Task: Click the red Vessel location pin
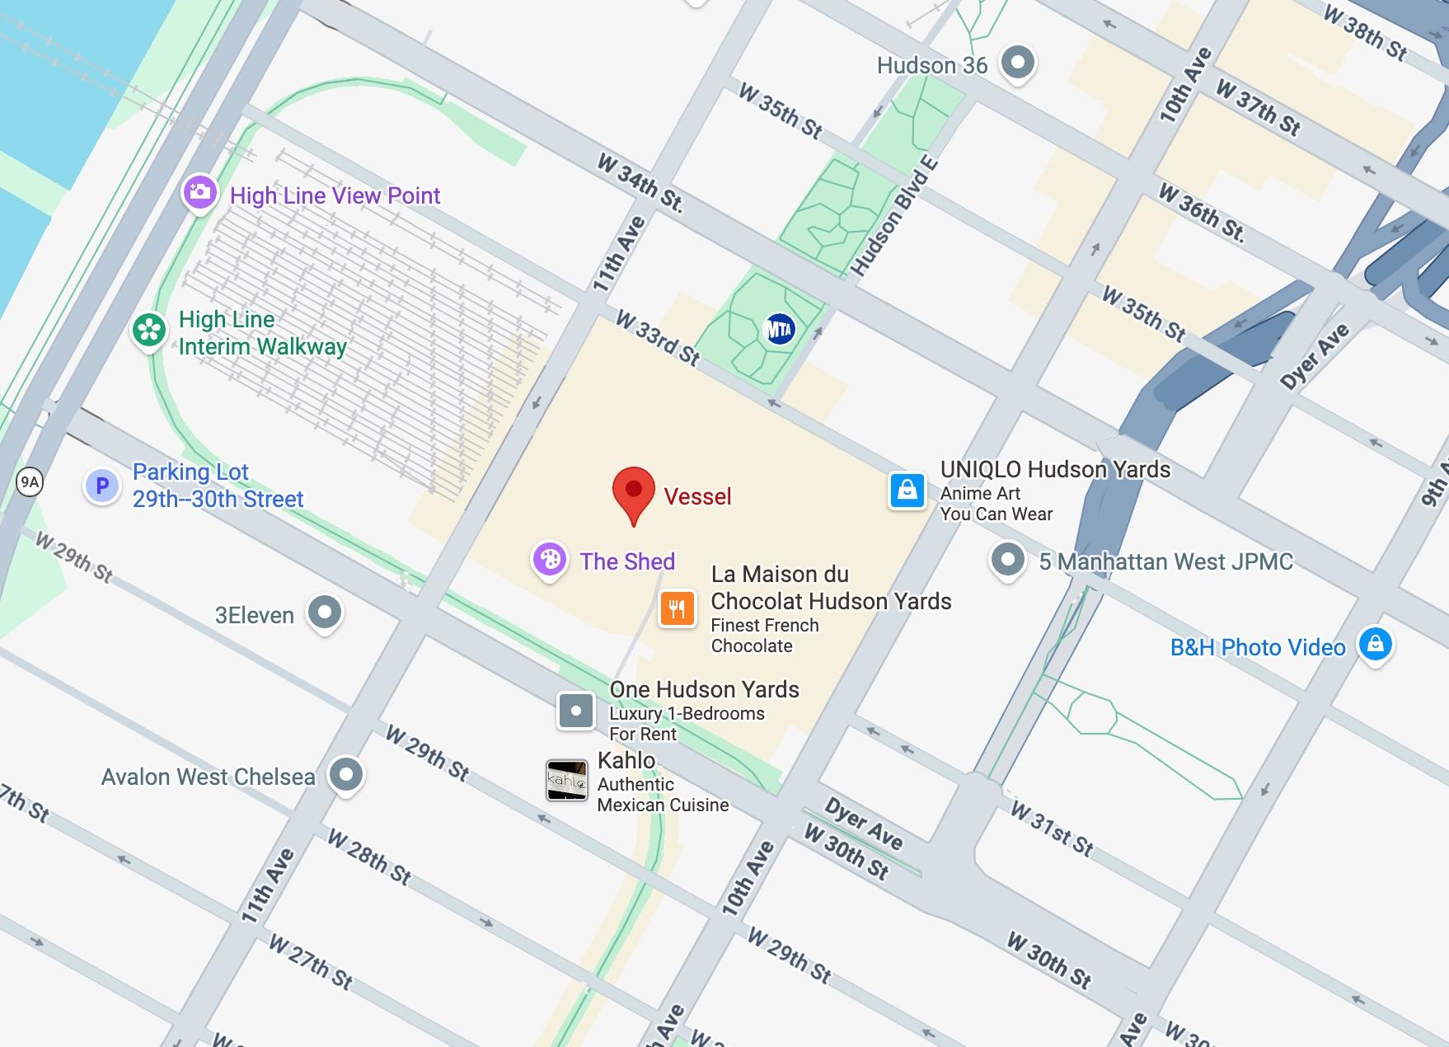tap(633, 491)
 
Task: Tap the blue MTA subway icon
tap(779, 329)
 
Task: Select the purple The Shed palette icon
tap(549, 560)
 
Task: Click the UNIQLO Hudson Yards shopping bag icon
tap(907, 490)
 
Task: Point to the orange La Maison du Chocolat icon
tap(677, 609)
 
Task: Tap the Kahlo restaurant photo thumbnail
tap(567, 780)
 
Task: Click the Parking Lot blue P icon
tap(102, 486)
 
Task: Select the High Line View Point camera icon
tap(199, 193)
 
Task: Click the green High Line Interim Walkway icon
tap(149, 330)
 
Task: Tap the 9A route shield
tap(30, 481)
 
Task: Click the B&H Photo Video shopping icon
tap(1375, 643)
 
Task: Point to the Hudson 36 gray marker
tap(1017, 62)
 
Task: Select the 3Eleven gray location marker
tap(325, 613)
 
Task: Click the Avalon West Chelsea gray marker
tap(345, 774)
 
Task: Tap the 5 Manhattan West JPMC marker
tap(1007, 559)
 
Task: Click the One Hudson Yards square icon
tap(575, 710)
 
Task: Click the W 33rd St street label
tap(658, 338)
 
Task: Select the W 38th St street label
tap(1365, 32)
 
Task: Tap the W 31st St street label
tap(1053, 829)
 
